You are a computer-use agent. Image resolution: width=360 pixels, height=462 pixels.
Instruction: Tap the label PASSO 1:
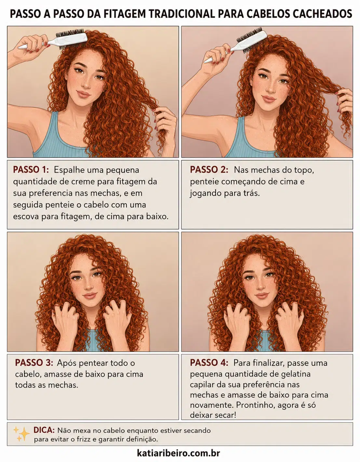pos(31,170)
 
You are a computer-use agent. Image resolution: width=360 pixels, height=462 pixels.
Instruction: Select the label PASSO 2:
pos(209,170)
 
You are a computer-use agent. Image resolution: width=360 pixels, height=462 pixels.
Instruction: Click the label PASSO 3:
pos(34,363)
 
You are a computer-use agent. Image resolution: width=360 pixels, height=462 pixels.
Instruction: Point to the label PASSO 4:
pos(209,363)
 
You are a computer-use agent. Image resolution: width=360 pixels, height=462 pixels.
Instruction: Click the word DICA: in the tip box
pos(44,430)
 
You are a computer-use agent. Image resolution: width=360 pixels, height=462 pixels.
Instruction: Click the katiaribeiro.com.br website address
pos(179,453)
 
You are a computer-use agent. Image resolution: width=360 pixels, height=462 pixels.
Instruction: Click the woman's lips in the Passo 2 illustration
pos(269,99)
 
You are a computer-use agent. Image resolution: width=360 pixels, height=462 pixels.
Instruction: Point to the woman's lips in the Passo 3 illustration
pos(90,296)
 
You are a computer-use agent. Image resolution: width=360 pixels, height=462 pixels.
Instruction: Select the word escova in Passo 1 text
pos(26,217)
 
